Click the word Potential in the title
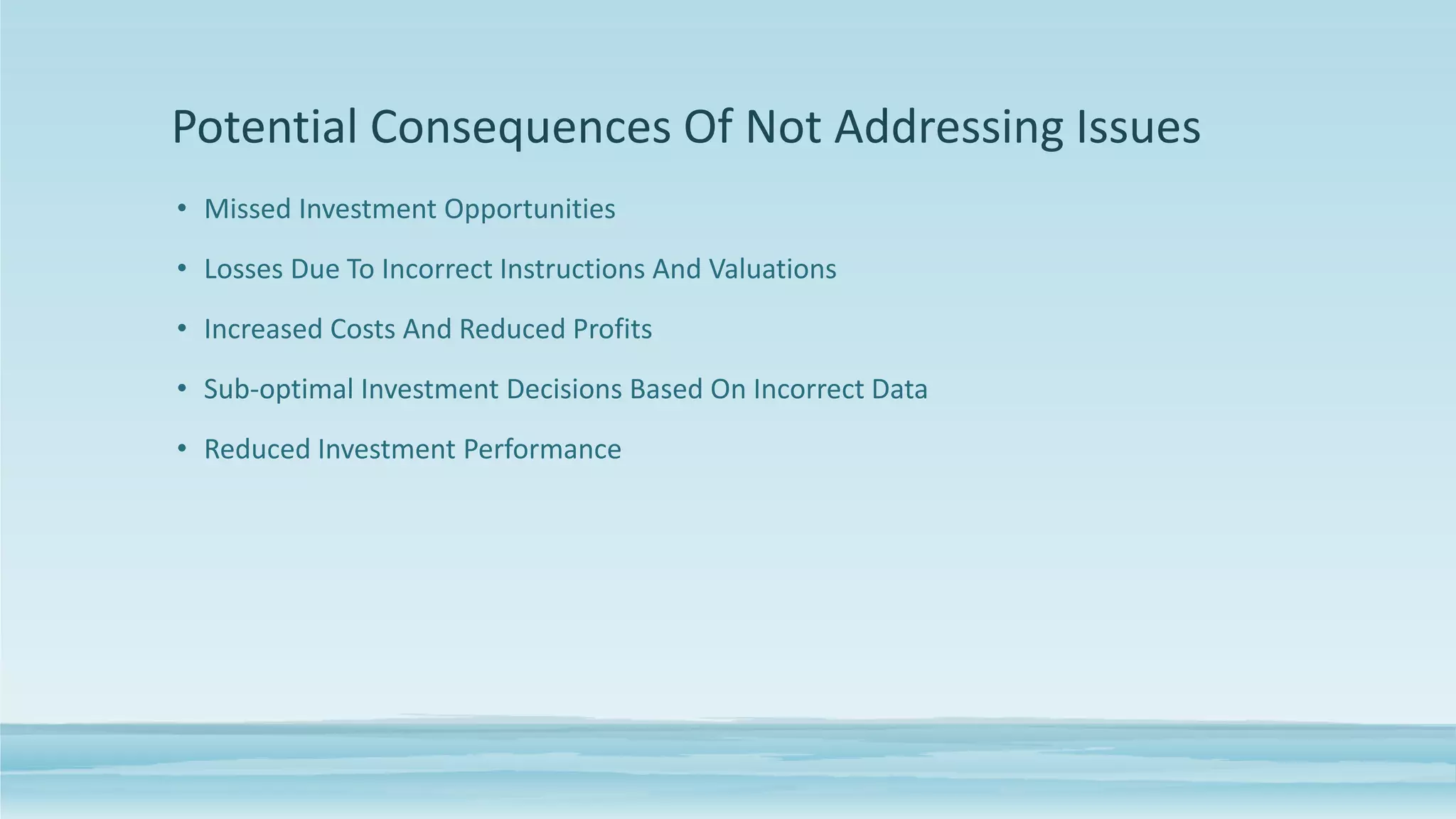point(264,128)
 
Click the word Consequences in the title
point(520,128)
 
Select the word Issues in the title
point(1137,128)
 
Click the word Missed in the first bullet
point(247,209)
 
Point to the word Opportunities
point(530,209)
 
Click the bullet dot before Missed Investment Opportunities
point(182,208)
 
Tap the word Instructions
point(572,269)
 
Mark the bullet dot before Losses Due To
point(182,269)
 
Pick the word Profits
point(612,329)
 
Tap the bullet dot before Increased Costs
point(182,328)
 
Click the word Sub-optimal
point(279,390)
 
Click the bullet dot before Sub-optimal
point(182,389)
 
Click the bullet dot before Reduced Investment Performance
point(182,449)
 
